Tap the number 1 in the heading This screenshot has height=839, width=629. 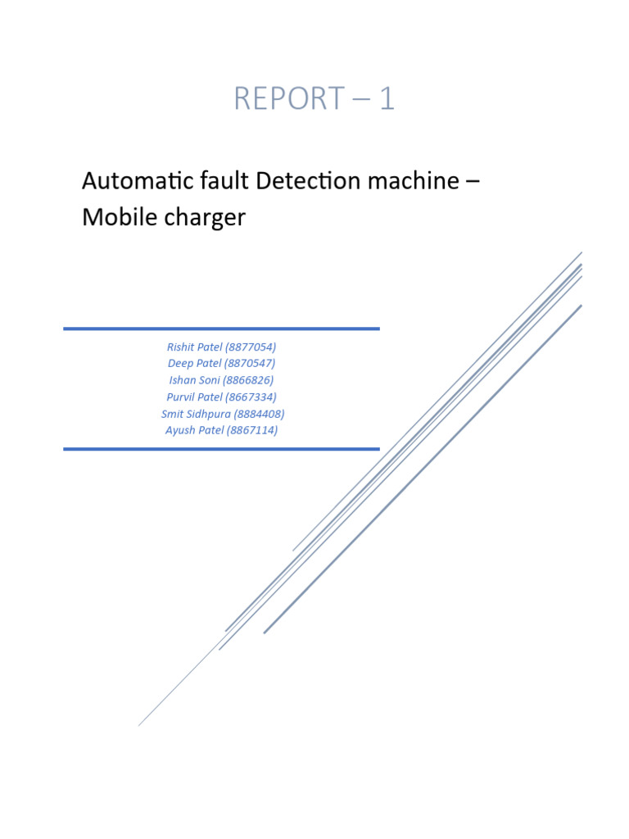[x=386, y=99]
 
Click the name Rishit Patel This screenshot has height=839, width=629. [x=194, y=347]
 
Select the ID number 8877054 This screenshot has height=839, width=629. [x=251, y=347]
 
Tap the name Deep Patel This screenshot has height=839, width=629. [x=194, y=363]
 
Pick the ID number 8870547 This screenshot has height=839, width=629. [x=250, y=363]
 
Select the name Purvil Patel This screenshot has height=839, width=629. [x=195, y=397]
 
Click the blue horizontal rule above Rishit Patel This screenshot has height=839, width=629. [x=221, y=329]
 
